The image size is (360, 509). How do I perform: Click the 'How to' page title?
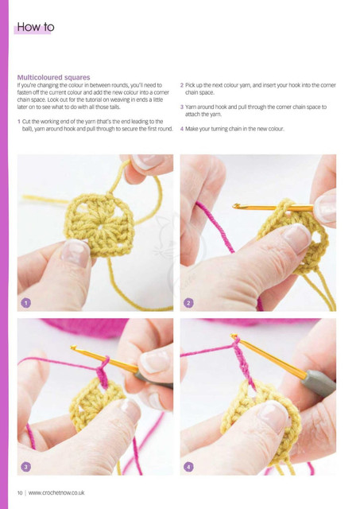pos(35,27)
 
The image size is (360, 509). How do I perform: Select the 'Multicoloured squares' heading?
pos(53,77)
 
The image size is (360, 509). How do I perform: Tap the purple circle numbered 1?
pos(26,303)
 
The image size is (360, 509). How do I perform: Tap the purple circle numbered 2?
pos(188,303)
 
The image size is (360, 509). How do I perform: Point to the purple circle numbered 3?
pos(26,467)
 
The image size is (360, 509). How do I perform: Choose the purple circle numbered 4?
pos(188,467)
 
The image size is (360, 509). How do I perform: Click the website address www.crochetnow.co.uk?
pos(56,493)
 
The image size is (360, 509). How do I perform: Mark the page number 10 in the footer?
pos(20,493)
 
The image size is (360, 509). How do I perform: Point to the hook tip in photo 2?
pos(235,205)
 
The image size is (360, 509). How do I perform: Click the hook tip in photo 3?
pos(73,348)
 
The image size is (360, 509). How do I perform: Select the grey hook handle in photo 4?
pos(318,383)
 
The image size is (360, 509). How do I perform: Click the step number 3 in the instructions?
pos(182,107)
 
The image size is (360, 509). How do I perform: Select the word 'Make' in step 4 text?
pos(192,129)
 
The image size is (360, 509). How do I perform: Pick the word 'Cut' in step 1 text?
pos(25,122)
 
